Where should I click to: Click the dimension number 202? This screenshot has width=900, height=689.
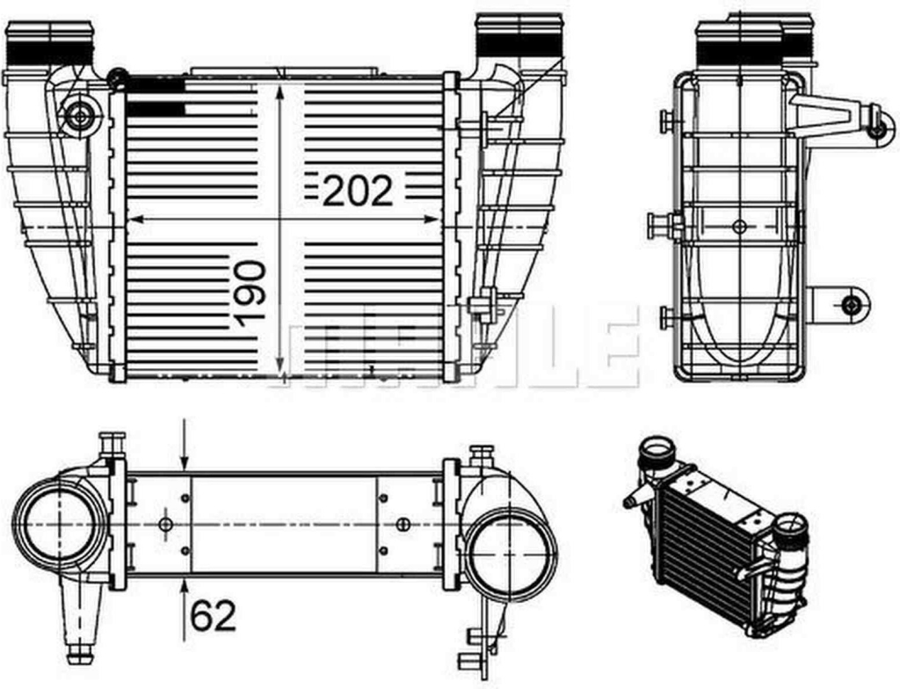pos(359,191)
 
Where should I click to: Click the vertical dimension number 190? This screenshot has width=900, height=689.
pos(250,294)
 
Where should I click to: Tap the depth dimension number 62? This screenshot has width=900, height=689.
pos(213,616)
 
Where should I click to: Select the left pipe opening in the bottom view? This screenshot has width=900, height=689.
pos(59,525)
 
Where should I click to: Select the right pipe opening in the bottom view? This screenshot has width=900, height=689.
pos(511,555)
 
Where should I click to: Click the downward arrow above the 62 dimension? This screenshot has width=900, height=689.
pos(185,444)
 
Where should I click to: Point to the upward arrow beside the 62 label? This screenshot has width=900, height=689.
pos(185,610)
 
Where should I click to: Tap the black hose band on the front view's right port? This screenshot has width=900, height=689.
pos(519,46)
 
